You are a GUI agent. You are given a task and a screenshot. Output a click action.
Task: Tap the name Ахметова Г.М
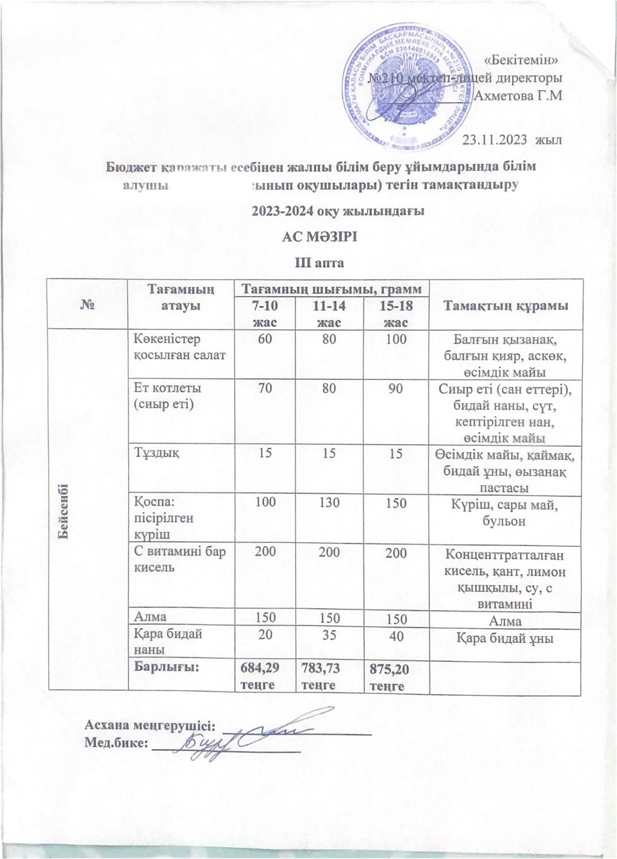(518, 95)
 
